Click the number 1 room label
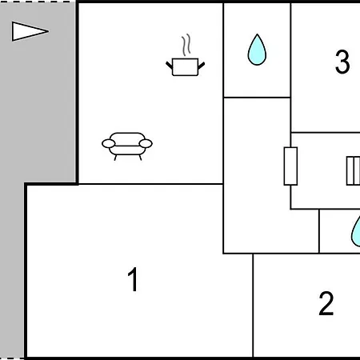(x=133, y=279)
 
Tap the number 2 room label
(x=326, y=303)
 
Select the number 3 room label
(x=342, y=62)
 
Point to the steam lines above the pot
(x=186, y=45)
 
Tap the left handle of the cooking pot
(x=170, y=66)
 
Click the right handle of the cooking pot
(x=202, y=66)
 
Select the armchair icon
(x=127, y=146)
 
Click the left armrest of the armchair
(x=109, y=143)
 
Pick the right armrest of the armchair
(x=146, y=143)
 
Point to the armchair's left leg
(x=115, y=158)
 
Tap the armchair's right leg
(x=140, y=158)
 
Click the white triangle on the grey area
(x=30, y=31)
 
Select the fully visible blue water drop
(x=257, y=50)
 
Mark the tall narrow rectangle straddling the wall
(x=290, y=166)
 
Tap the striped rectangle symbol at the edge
(x=354, y=170)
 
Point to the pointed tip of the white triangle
(x=49, y=31)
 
